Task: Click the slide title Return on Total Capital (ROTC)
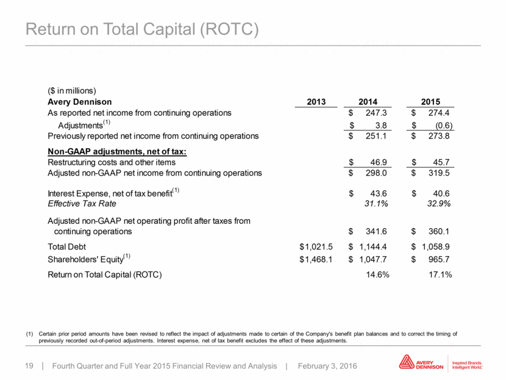tap(142, 29)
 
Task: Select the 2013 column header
tap(316, 102)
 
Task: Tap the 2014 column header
tap(368, 102)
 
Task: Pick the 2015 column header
tap(430, 102)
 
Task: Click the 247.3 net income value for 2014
tap(376, 113)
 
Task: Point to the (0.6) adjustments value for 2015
tap(441, 125)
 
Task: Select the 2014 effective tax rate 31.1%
tap(376, 204)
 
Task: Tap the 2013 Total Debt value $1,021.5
tap(316, 247)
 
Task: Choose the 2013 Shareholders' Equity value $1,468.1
tap(316, 259)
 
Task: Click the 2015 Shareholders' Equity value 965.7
tap(439, 259)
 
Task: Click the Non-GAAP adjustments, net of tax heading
tap(117, 152)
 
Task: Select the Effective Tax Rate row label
tap(82, 204)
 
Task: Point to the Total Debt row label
tap(67, 247)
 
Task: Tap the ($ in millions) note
tap(72, 91)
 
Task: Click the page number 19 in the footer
tap(29, 366)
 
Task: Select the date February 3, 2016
tap(327, 366)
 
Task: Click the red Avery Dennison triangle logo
tap(407, 362)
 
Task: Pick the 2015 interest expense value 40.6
tap(441, 193)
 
